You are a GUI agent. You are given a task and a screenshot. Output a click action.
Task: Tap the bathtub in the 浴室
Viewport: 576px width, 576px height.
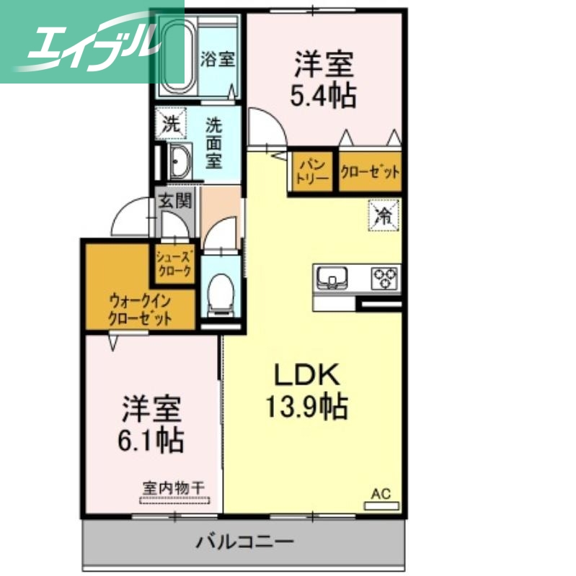tap(174, 53)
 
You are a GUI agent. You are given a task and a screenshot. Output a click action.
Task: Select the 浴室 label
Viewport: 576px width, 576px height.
tap(216, 60)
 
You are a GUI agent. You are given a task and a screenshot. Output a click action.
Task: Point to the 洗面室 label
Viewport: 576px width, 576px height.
tap(214, 143)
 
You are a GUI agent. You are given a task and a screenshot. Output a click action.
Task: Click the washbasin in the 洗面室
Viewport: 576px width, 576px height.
tap(178, 161)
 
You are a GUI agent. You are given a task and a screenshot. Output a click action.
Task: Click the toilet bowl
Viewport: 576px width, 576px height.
tap(219, 292)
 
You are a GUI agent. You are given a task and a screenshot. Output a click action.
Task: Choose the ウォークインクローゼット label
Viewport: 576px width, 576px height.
tap(141, 310)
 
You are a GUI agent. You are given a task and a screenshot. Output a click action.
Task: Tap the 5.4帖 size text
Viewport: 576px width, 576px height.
tap(323, 95)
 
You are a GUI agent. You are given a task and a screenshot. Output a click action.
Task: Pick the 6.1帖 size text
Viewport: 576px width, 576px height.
tap(151, 438)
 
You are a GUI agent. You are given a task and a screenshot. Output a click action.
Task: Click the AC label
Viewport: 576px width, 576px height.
tap(381, 494)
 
